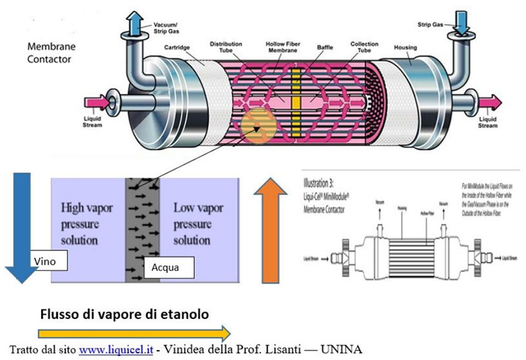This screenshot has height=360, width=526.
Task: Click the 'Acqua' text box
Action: pyautogui.click(x=169, y=267)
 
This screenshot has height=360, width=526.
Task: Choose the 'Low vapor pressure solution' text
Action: pyautogui.click(x=200, y=222)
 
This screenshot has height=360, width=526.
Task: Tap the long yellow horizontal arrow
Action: pyautogui.click(x=134, y=332)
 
